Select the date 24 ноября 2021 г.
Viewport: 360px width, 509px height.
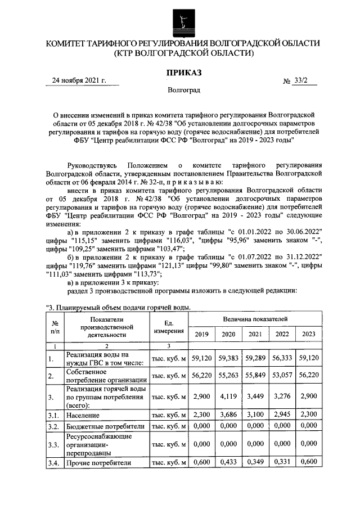79,81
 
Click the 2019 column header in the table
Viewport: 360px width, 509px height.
201,334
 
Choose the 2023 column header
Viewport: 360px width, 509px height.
308,334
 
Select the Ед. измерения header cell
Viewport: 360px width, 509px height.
168,327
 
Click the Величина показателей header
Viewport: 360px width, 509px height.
255,319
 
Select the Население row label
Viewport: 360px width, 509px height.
83,416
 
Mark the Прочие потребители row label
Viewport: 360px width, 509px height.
98,463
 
